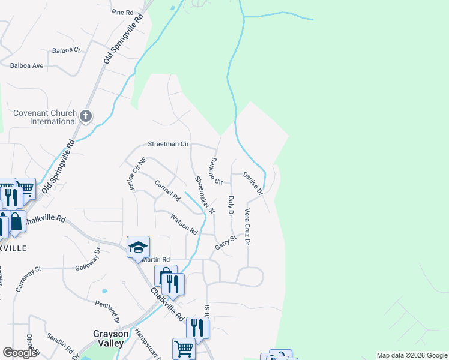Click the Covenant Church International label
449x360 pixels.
[46, 117]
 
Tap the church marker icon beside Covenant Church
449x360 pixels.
[86, 115]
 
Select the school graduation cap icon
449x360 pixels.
[138, 247]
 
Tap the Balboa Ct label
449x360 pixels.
[66, 50]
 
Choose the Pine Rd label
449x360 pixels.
[122, 12]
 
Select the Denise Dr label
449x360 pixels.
[253, 184]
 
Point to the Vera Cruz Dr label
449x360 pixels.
[247, 226]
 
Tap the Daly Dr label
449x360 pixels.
[231, 206]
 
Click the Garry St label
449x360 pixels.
[226, 242]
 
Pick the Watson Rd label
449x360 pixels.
[184, 223]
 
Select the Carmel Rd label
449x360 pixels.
[167, 190]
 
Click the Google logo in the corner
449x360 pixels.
[19, 353]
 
